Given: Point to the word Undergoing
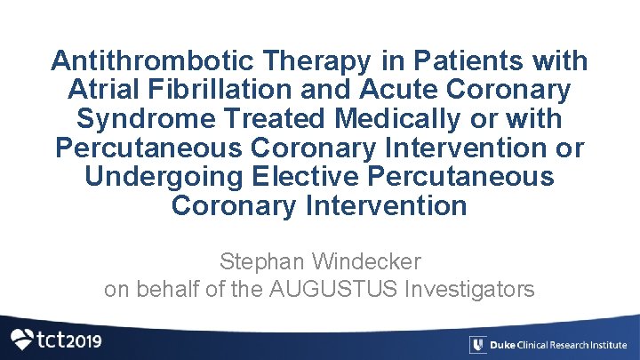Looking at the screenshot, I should coord(165,176).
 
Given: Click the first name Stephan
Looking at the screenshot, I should coord(260,262).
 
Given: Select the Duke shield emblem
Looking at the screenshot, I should coord(477,345).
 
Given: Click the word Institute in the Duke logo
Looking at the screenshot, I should coord(607,345).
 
